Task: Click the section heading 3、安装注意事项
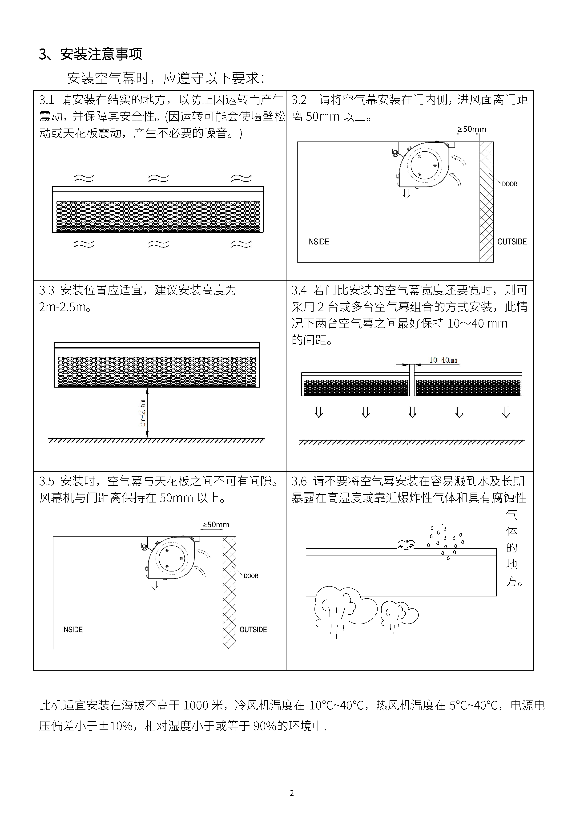click(91, 54)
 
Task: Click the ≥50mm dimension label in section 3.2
click(472, 129)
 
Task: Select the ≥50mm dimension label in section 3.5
click(216, 525)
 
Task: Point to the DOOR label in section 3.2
click(510, 184)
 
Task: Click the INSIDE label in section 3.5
click(72, 630)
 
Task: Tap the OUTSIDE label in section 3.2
click(512, 242)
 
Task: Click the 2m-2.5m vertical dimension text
click(143, 413)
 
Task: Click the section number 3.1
click(47, 100)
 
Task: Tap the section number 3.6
click(299, 481)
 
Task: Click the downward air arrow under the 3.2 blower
click(406, 194)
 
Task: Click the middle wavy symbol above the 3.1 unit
click(158, 178)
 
